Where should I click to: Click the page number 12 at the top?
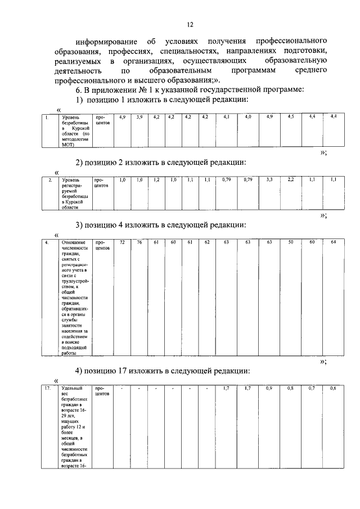pyautogui.click(x=190, y=25)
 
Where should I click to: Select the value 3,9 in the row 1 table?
pyautogui.click(x=139, y=116)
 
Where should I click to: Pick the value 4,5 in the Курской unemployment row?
pyautogui.click(x=291, y=116)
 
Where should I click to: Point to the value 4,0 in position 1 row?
pyautogui.click(x=247, y=116)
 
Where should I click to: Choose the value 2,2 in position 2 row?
pyautogui.click(x=291, y=179)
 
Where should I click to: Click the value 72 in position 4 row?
pyautogui.click(x=122, y=242)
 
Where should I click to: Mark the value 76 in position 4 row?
pyautogui.click(x=139, y=242)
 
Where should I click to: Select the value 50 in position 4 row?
pyautogui.click(x=291, y=242)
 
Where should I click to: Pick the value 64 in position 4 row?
pyautogui.click(x=333, y=242)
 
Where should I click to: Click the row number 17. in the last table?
pyautogui.click(x=48, y=389)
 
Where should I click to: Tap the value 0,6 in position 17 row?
pyautogui.click(x=333, y=389)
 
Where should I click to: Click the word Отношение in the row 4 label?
pyautogui.click(x=71, y=242)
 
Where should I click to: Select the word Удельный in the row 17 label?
pyautogui.click(x=71, y=389)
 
